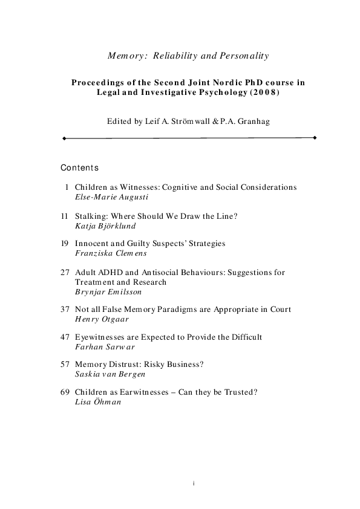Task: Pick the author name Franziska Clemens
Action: coord(111,253)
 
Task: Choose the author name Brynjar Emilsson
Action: coord(108,291)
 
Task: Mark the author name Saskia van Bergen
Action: coord(110,375)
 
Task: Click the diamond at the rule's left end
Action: coord(64,138)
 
